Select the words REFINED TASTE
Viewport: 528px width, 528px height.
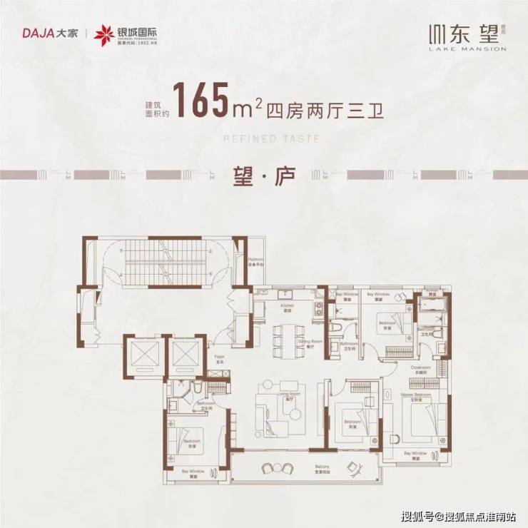tap(264, 141)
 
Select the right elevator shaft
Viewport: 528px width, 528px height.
tap(187, 354)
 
